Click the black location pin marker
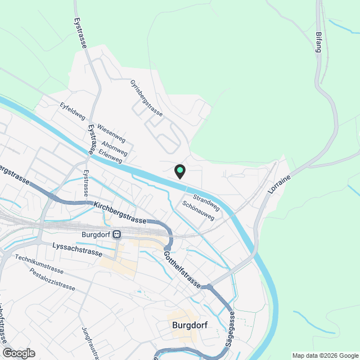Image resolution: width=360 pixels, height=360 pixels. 179,172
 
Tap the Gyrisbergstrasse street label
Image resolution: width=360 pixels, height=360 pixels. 146,98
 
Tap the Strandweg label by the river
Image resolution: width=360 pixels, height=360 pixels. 206,201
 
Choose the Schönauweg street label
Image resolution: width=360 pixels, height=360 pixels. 199,211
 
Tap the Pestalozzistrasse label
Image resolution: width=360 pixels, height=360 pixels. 52,279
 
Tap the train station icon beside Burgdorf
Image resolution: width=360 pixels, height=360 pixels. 116,235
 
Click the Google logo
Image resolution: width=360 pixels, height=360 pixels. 19,353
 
